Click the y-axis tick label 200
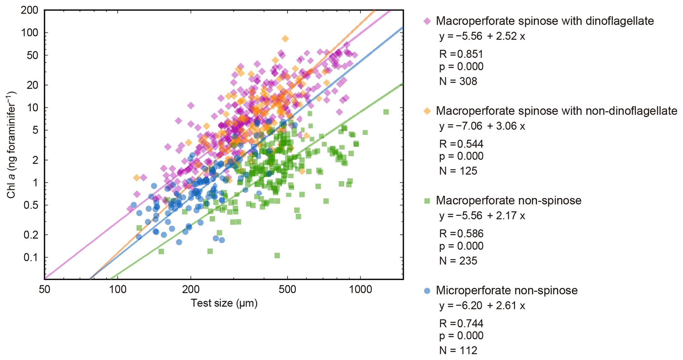(x=29, y=10)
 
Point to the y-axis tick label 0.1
(x=31, y=257)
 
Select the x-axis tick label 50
(x=44, y=289)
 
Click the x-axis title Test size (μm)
(x=224, y=303)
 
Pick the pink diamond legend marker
(x=427, y=21)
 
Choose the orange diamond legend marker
(x=427, y=111)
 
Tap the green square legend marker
(x=427, y=201)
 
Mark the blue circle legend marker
(x=427, y=291)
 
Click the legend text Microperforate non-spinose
(x=507, y=290)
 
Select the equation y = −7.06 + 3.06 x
(x=482, y=126)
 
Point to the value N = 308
(x=458, y=81)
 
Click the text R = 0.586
(x=461, y=233)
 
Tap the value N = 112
(x=458, y=350)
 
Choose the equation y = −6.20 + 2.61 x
(x=482, y=305)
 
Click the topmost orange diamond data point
(x=285, y=39)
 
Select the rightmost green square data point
(x=386, y=112)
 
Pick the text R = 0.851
(x=461, y=54)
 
